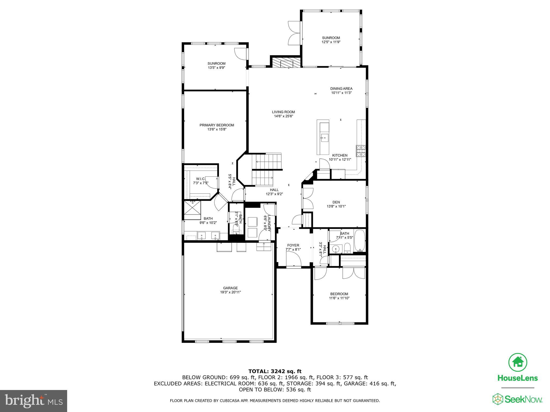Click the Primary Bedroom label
tap(217, 125)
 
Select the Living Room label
tap(283, 112)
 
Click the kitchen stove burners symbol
tap(361, 151)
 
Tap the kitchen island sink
tap(324, 138)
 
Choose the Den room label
tap(336, 202)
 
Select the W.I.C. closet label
tap(201, 179)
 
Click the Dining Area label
tap(341, 89)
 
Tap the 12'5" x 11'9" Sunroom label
tap(331, 38)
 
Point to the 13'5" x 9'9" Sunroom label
tap(216, 64)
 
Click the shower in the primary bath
tap(192, 210)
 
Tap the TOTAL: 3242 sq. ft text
tap(275, 371)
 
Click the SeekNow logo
tap(517, 399)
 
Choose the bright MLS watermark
tap(33, 401)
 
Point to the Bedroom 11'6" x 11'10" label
tap(339, 294)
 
